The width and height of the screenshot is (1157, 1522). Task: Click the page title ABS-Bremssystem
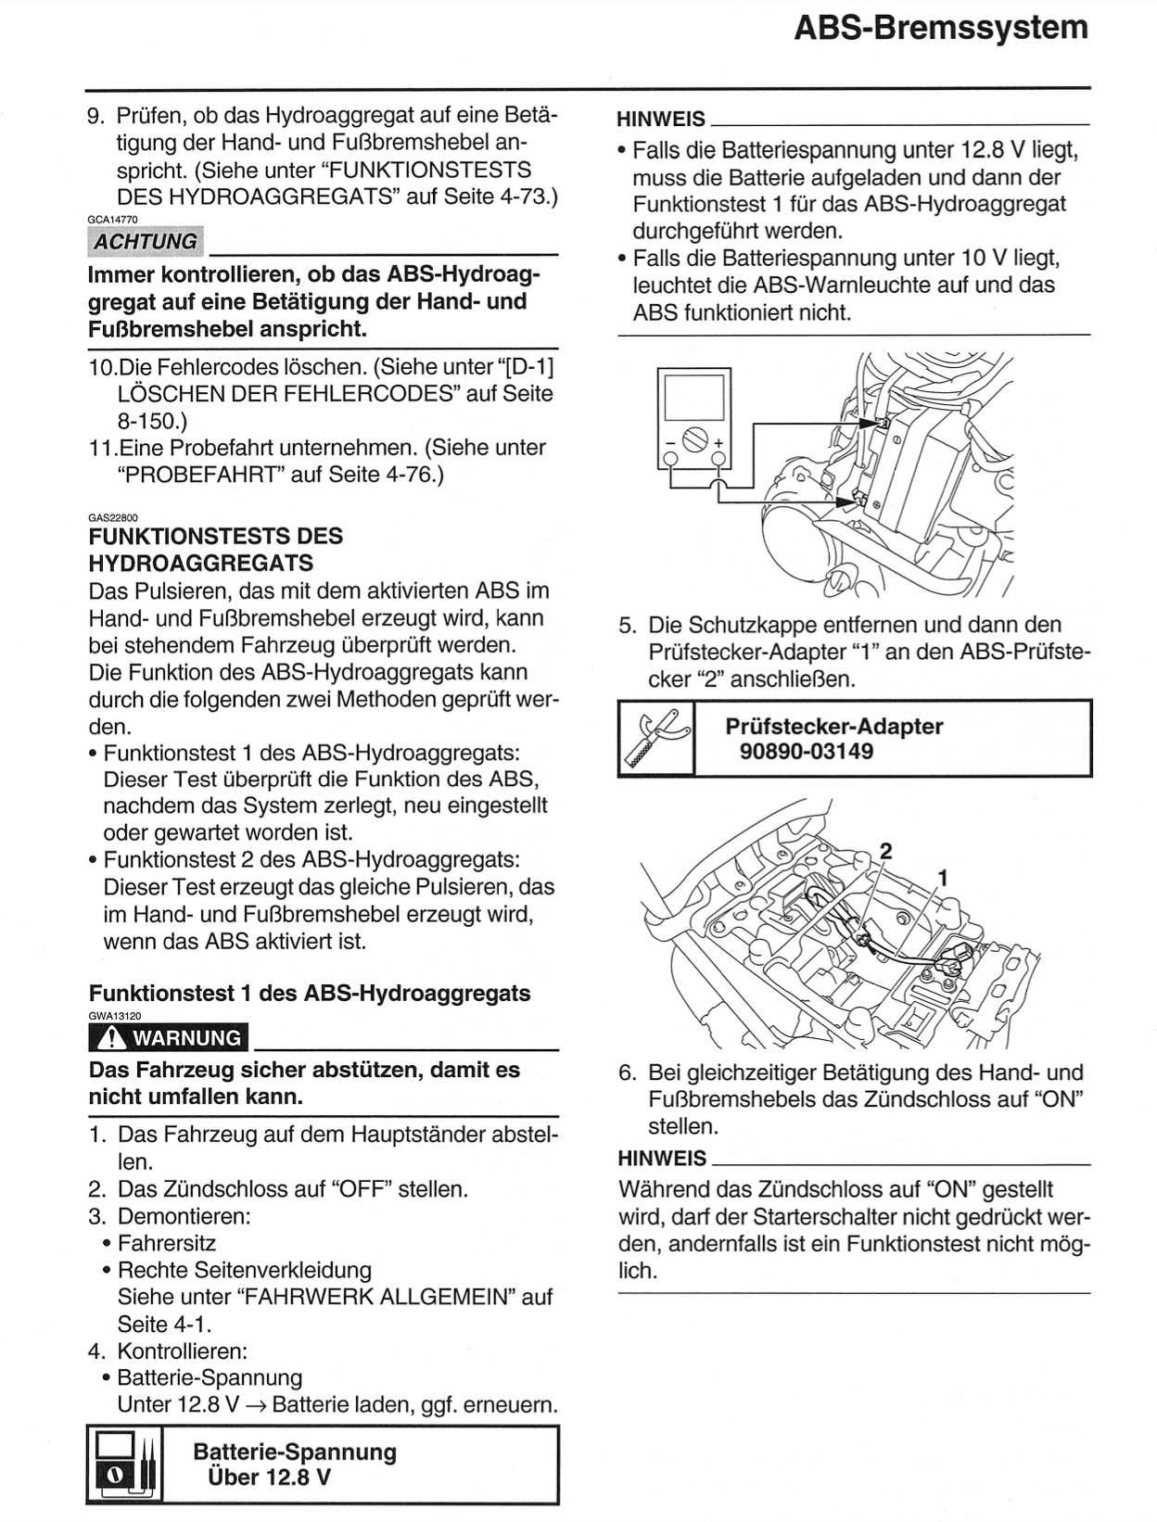(x=940, y=28)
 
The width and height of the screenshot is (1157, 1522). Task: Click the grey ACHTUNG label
(x=146, y=242)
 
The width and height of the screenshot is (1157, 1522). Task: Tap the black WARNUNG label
(x=169, y=1038)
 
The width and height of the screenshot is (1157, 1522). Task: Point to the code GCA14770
(x=112, y=220)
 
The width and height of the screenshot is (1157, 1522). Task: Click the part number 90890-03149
(x=807, y=752)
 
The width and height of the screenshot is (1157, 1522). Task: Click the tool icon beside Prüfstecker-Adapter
(x=655, y=738)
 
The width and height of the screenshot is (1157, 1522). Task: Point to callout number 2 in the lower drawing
(x=885, y=851)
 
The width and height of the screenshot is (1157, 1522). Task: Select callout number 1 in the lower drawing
(x=944, y=877)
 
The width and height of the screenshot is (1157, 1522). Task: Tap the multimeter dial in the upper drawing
(x=695, y=439)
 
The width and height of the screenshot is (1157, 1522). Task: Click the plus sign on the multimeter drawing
(x=718, y=443)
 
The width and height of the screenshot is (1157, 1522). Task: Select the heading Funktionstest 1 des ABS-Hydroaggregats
(x=310, y=994)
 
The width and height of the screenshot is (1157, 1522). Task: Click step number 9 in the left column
(x=95, y=116)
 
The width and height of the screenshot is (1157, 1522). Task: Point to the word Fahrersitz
(x=167, y=1243)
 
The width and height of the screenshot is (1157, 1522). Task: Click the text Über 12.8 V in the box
(x=269, y=1478)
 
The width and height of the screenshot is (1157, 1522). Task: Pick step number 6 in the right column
(x=627, y=1073)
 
